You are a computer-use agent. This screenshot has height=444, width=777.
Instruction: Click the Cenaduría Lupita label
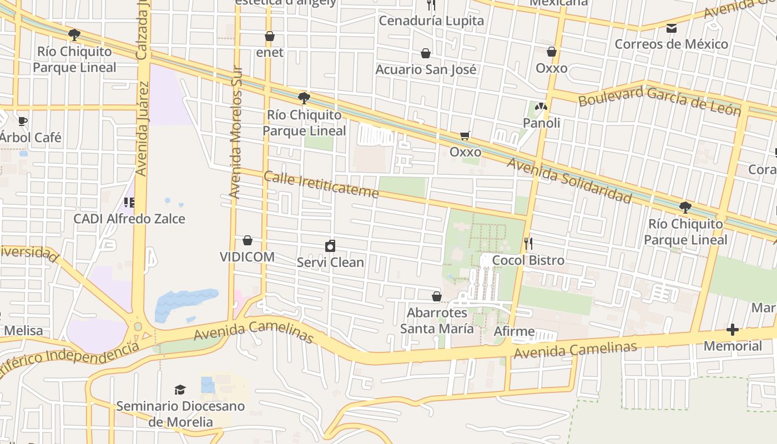[x=431, y=21]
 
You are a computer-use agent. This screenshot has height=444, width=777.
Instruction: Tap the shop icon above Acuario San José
[x=426, y=53]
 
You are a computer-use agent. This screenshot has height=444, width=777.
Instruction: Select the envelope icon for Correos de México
[x=672, y=28]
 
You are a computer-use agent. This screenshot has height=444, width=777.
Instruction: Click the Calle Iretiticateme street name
[x=321, y=185]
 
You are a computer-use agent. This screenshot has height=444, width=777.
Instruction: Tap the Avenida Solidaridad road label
[x=569, y=180]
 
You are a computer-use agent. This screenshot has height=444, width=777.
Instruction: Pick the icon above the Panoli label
[x=541, y=107]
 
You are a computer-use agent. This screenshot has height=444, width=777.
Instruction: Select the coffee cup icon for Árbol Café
[x=22, y=121]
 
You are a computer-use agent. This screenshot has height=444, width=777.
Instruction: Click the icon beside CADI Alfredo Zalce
[x=129, y=203]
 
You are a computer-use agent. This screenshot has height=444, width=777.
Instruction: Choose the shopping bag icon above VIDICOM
[x=248, y=240]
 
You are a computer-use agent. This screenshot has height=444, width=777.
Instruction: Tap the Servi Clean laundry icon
[x=330, y=245]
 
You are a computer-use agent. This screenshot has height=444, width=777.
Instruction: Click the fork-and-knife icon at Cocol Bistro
[x=528, y=243]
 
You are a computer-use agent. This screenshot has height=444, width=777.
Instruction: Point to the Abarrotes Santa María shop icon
[x=437, y=296]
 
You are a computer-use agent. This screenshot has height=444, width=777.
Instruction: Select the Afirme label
[x=514, y=331]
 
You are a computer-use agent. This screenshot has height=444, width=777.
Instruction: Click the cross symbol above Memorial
[x=733, y=330]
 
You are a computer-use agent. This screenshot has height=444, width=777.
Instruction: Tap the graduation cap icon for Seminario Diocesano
[x=180, y=390]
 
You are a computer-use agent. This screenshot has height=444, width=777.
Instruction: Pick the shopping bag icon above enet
[x=270, y=36]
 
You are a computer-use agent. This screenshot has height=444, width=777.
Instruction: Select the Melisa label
[x=23, y=331]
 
